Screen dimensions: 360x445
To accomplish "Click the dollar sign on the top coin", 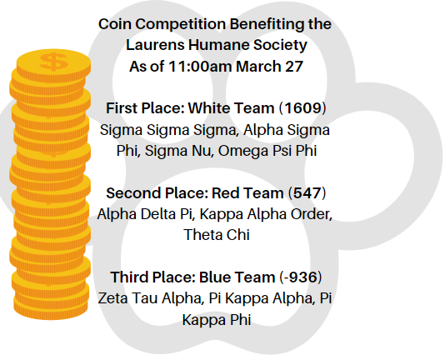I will click(55, 62).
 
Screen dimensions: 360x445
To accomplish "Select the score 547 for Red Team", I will click(307, 193).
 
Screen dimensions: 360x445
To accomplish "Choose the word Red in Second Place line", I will click(218, 193).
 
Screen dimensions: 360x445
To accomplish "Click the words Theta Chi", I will click(217, 235).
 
